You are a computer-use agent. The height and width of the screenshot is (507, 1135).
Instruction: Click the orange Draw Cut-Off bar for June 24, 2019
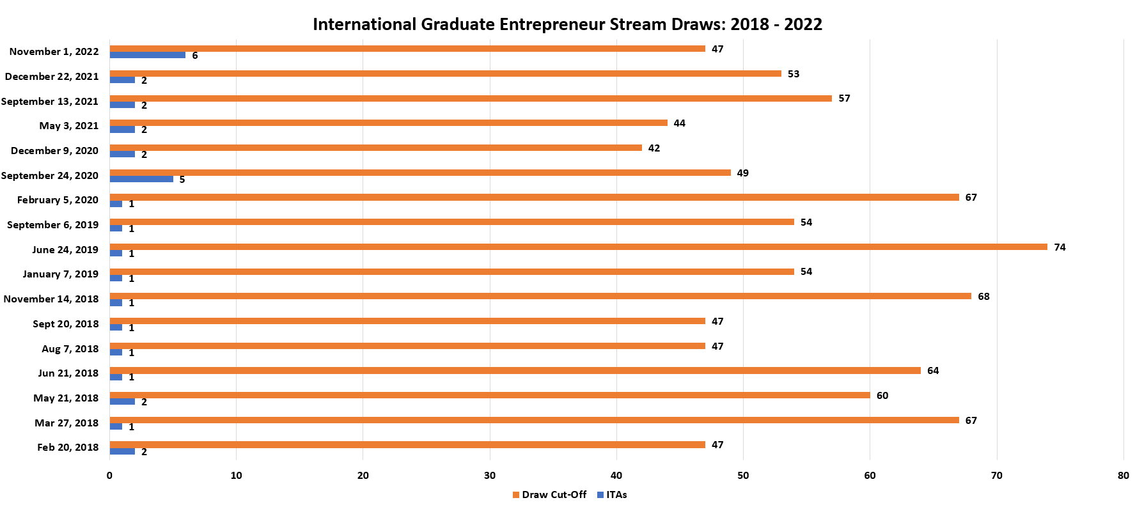pyautogui.click(x=578, y=247)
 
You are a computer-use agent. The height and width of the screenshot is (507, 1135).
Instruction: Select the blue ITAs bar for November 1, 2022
pyautogui.click(x=148, y=55)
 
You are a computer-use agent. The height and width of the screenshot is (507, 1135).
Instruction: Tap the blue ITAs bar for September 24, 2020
pyautogui.click(x=141, y=179)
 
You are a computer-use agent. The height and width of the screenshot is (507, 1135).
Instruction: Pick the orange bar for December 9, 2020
pyautogui.click(x=375, y=148)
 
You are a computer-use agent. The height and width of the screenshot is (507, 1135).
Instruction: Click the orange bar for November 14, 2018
pyautogui.click(x=540, y=296)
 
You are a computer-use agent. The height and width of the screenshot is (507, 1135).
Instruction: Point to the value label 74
pyautogui.click(x=1060, y=247)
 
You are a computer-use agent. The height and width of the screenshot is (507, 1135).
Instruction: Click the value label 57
pyautogui.click(x=844, y=98)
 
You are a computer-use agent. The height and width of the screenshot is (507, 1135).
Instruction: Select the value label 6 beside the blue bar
pyautogui.click(x=195, y=56)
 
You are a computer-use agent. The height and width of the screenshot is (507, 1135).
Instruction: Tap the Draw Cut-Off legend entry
pyautogui.click(x=550, y=495)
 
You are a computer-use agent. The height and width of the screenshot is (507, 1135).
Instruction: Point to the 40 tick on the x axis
pyautogui.click(x=616, y=476)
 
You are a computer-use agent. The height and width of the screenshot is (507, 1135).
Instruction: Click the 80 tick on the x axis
pyautogui.click(x=1123, y=476)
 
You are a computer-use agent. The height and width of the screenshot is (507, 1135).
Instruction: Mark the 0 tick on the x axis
pyautogui.click(x=109, y=476)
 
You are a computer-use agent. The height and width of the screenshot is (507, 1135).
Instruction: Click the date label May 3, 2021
pyautogui.click(x=69, y=126)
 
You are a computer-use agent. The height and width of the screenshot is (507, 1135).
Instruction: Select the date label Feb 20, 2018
pyautogui.click(x=68, y=448)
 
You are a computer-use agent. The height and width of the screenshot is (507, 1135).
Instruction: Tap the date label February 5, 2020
pyautogui.click(x=58, y=200)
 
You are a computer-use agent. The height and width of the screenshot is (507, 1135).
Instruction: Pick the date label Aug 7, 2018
pyautogui.click(x=70, y=348)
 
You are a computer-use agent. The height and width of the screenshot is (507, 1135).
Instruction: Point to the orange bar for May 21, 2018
pyautogui.click(x=490, y=395)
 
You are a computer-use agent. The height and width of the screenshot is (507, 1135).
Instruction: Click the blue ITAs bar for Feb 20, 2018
pyautogui.click(x=122, y=451)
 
